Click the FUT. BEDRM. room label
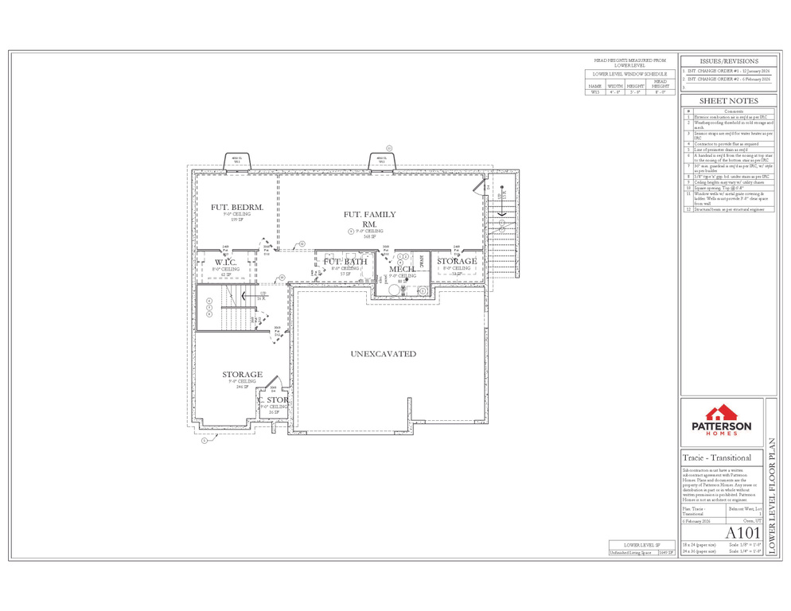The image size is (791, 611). [x=231, y=208]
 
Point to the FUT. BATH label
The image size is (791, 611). [x=345, y=262]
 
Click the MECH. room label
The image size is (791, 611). [x=403, y=270]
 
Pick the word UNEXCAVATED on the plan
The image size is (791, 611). [x=384, y=354]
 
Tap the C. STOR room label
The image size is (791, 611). [x=273, y=400]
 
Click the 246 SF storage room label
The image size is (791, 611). [x=242, y=375]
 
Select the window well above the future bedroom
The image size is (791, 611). [x=236, y=161]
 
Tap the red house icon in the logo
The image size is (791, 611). [x=721, y=412]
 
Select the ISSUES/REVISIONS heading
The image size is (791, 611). [x=728, y=61]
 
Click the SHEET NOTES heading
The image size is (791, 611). [x=728, y=101]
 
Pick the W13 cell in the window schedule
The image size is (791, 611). [x=594, y=92]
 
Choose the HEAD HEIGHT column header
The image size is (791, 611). [x=660, y=84]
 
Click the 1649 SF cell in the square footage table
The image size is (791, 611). [x=666, y=551]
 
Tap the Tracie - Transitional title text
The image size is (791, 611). [x=717, y=458]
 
